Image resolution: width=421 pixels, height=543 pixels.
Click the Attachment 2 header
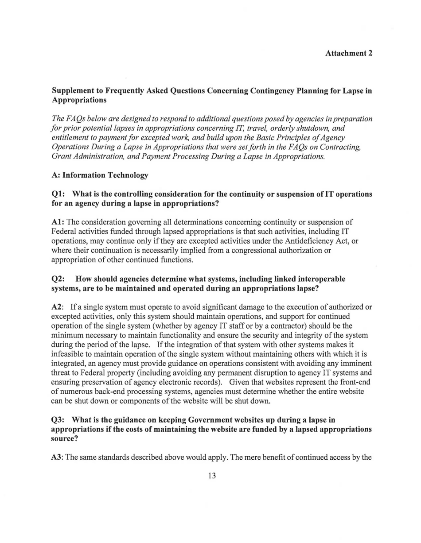[x=349, y=53]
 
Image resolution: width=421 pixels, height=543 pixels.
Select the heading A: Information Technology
[x=100, y=175]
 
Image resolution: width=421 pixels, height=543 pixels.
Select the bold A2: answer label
[x=58, y=307]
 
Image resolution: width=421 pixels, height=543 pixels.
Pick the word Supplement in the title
[x=74, y=90]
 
